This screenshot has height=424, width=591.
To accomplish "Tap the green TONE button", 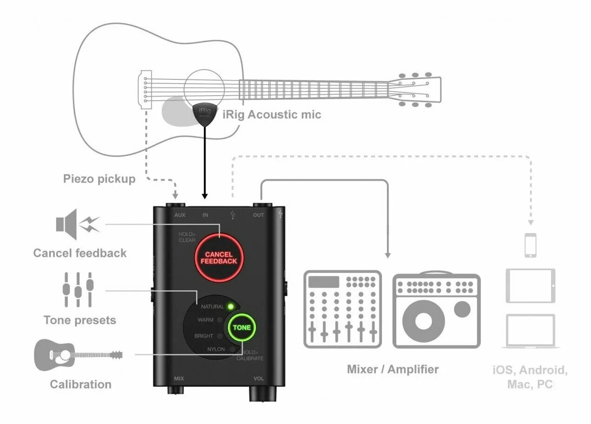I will [x=242, y=327].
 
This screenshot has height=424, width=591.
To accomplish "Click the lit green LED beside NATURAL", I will [x=230, y=307].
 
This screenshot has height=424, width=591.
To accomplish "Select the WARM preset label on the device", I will [x=205, y=320].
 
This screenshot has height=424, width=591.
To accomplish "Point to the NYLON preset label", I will [x=216, y=349].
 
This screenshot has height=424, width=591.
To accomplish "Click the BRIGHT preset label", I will [x=204, y=336].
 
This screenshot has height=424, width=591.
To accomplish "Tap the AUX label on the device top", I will [x=180, y=215].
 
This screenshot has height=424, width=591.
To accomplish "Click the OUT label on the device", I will [x=258, y=215].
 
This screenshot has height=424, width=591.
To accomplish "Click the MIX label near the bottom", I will [x=178, y=378].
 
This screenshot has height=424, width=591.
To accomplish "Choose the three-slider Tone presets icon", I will [x=78, y=289].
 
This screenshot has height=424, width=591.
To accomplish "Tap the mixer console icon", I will [x=342, y=309].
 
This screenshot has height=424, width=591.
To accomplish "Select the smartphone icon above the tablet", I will [x=530, y=245].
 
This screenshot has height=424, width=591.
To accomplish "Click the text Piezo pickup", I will [x=99, y=179].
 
